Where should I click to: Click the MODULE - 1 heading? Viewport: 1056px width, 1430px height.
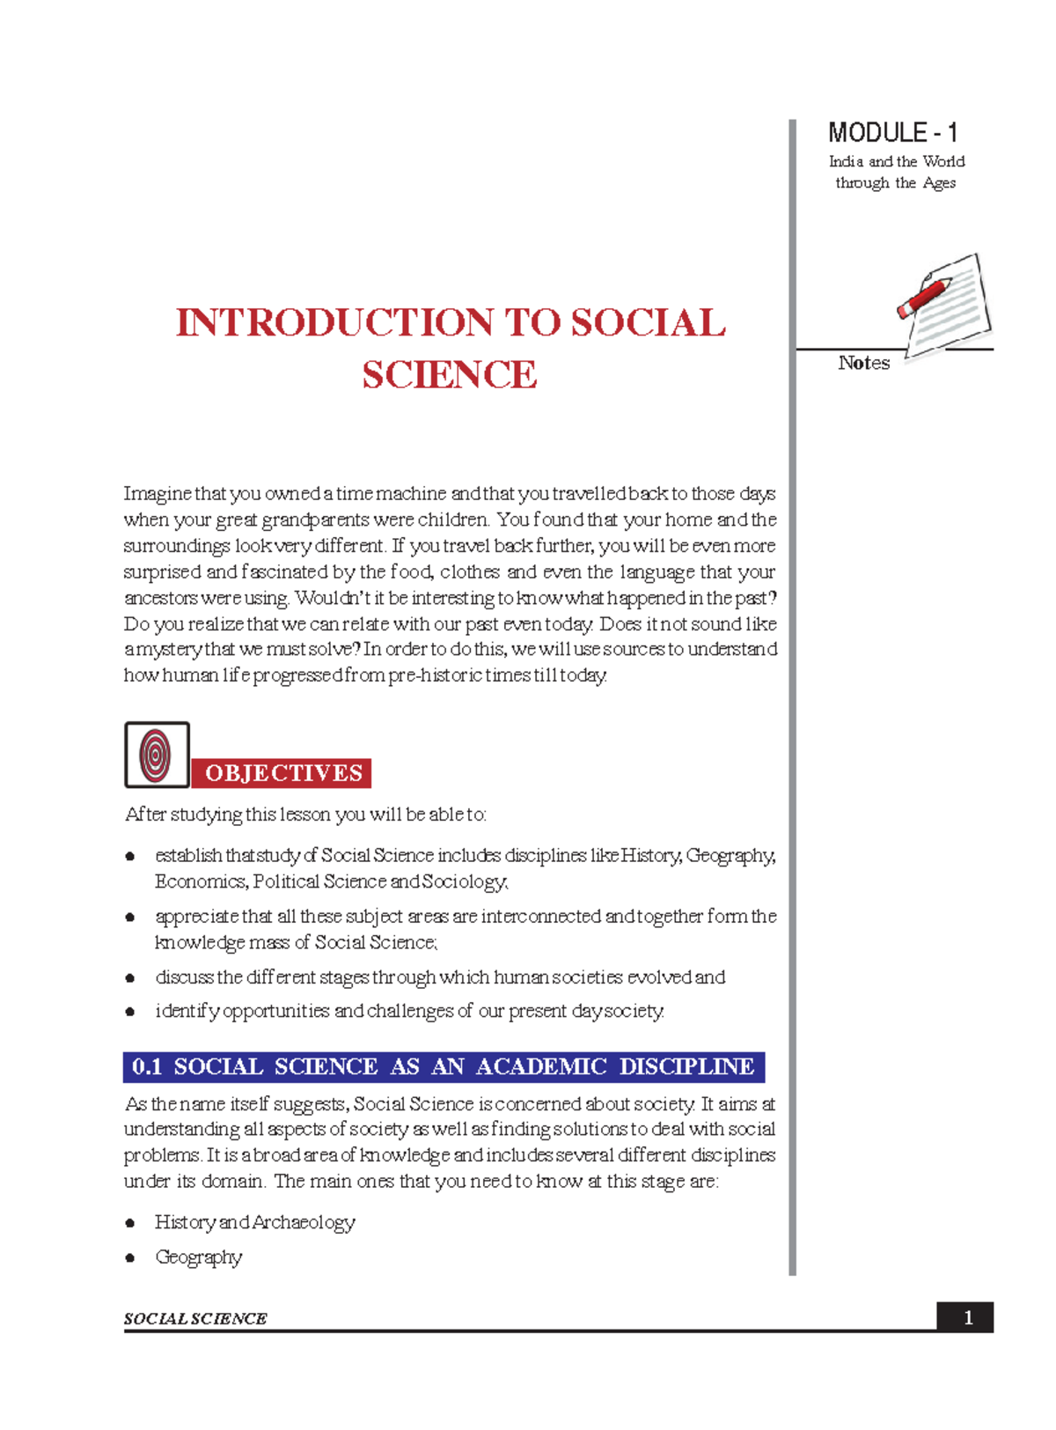[x=892, y=133]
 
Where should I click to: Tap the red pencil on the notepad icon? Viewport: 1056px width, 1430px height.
[x=924, y=297]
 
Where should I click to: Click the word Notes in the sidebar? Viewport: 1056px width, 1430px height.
[x=863, y=363]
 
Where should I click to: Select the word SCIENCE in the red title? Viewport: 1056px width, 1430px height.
[x=449, y=375]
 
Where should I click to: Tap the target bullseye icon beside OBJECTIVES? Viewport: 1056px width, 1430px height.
[x=157, y=755]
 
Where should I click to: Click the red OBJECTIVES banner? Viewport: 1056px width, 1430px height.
[x=282, y=773]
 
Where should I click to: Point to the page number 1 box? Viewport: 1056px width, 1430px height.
[x=967, y=1317]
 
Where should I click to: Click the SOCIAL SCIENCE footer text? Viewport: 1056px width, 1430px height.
[x=195, y=1318]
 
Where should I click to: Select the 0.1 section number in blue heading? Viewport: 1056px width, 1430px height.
[x=147, y=1066]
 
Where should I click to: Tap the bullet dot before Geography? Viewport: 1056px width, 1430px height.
[x=130, y=1257]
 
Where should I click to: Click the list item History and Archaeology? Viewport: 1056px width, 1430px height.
[x=254, y=1222]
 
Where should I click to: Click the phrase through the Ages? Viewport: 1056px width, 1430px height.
[x=895, y=183]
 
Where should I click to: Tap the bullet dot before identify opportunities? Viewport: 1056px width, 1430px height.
[x=130, y=1012]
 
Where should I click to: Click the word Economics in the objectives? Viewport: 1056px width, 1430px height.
[x=200, y=881]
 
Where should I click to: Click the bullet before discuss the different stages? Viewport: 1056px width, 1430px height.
[x=130, y=977]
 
